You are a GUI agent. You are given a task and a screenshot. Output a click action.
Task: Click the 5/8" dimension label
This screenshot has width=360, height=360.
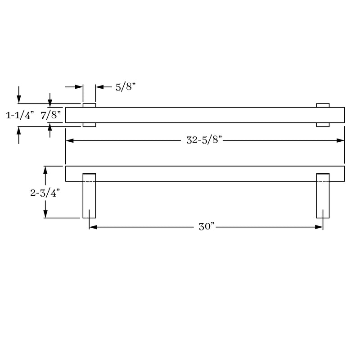click(x=126, y=87)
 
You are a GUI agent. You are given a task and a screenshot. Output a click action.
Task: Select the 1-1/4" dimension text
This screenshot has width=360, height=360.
click(x=20, y=115)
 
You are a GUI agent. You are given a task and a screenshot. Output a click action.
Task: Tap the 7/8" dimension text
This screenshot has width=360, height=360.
click(x=51, y=115)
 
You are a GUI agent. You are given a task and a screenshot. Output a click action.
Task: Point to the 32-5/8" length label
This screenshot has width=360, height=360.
click(x=204, y=140)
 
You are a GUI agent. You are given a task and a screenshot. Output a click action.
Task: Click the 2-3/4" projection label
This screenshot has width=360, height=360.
click(x=45, y=193)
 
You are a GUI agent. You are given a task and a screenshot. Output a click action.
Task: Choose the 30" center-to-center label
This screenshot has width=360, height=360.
click(x=207, y=227)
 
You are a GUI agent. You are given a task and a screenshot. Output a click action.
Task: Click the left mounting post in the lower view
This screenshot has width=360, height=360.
click(x=89, y=196)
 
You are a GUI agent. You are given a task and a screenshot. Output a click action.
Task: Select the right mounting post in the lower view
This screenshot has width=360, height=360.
click(x=323, y=196)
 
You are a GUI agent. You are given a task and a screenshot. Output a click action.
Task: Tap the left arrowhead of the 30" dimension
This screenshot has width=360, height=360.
click(x=93, y=227)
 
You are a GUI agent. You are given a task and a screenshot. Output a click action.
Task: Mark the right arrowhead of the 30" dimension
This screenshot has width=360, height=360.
click(x=319, y=227)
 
